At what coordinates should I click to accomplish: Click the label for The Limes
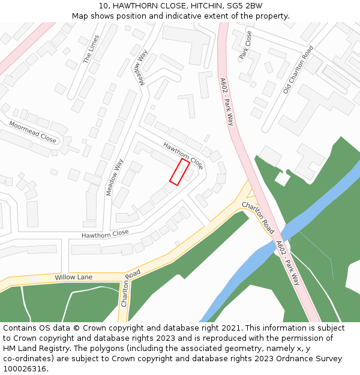click(x=92, y=49)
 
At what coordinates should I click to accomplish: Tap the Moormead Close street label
click(x=32, y=131)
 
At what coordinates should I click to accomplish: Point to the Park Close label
click(x=245, y=45)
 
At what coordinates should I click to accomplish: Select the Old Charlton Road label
click(x=298, y=70)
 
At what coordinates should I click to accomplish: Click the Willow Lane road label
click(x=74, y=277)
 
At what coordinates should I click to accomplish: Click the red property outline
click(x=179, y=172)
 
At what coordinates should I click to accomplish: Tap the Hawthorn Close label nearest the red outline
click(x=183, y=155)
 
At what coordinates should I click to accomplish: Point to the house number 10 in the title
click(x=103, y=6)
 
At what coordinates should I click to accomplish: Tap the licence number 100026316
click(x=25, y=369)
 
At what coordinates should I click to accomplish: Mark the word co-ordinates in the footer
click(x=28, y=359)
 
